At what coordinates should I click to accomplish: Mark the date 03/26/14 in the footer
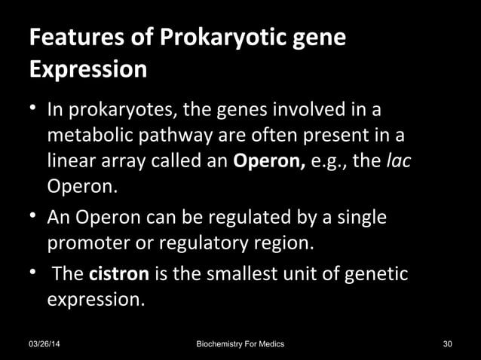pos(45,344)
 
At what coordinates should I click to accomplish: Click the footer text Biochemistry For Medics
pos(240,344)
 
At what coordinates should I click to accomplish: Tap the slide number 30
pos(448,344)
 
